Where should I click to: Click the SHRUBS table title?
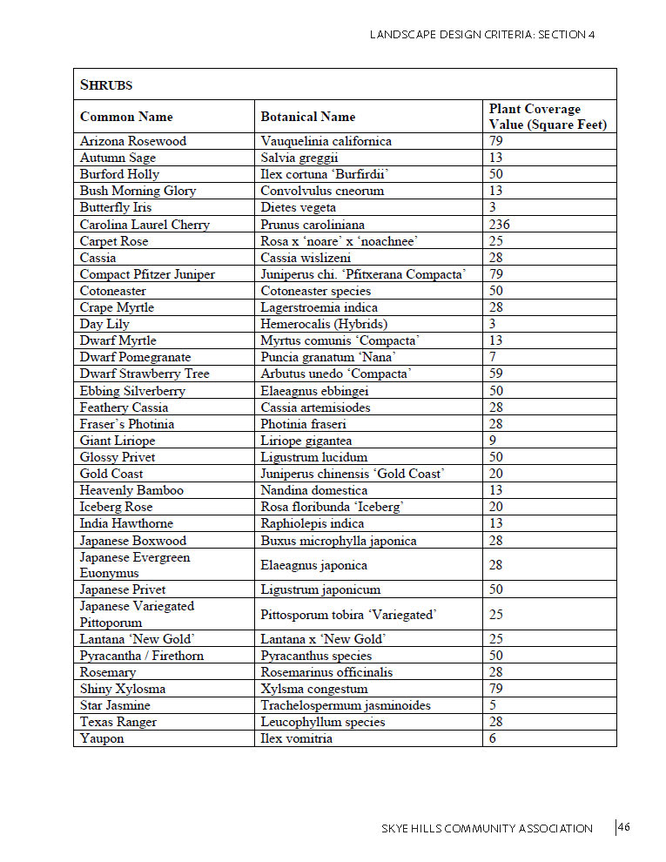106,85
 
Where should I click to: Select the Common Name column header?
126,117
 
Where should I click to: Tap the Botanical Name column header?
308,117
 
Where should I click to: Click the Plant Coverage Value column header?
547,117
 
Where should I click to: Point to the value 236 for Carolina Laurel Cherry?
499,225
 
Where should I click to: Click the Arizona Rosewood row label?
133,141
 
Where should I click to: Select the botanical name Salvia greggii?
302,158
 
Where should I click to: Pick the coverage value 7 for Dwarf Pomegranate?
493,357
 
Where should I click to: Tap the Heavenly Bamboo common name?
131,490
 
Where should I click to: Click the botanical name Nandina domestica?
313,490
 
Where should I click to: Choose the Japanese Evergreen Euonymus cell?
135,565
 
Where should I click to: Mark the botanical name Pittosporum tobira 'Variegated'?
348,615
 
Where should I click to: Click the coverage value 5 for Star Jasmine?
493,705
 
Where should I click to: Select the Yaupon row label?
102,738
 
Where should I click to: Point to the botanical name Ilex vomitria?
296,738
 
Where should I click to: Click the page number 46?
624,827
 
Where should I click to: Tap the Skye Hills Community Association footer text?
487,828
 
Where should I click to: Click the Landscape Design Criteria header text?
482,35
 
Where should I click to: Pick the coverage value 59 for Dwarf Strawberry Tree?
496,374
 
